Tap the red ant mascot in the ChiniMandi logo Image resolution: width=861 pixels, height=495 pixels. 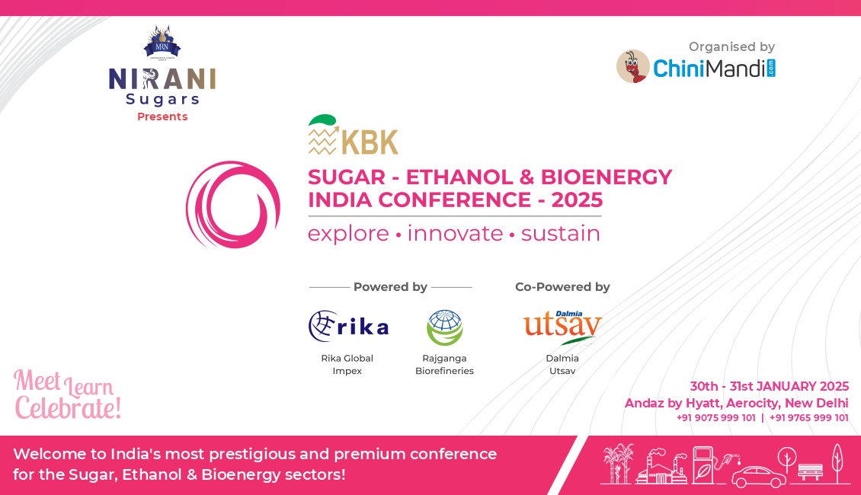[633, 66]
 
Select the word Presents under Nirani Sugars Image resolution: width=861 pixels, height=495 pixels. [162, 117]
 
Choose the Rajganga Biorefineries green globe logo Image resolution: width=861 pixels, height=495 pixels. [445, 327]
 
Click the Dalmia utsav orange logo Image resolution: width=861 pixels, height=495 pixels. [562, 327]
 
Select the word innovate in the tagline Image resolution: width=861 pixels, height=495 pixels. [455, 234]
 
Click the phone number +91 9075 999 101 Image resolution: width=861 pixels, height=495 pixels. [716, 417]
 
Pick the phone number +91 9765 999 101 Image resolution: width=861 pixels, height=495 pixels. [809, 417]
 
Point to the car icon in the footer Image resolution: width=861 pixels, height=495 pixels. [758, 477]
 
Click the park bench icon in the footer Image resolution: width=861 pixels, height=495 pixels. [810, 471]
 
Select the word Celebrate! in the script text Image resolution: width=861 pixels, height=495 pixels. [68, 408]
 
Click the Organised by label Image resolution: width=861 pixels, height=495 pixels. [732, 46]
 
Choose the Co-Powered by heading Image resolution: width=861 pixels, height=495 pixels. [562, 287]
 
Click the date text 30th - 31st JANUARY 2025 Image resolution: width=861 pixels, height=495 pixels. [770, 386]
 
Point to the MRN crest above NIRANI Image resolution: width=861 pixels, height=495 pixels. [162, 42]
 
